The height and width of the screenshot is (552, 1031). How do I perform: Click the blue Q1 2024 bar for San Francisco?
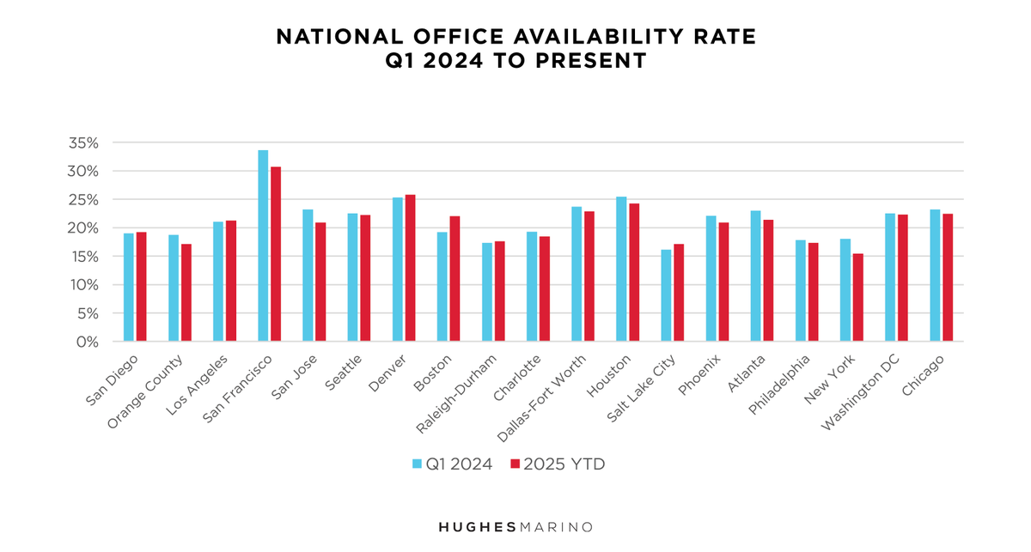[x=263, y=246]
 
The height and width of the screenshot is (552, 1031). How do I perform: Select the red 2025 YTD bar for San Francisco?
[x=275, y=254]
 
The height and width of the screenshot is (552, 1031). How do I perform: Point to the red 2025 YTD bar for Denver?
[x=410, y=269]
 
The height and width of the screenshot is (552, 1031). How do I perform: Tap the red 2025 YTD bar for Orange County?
[x=186, y=293]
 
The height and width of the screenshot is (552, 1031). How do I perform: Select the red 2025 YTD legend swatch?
[x=515, y=464]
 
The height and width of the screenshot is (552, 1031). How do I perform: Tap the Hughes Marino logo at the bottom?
[x=515, y=526]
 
